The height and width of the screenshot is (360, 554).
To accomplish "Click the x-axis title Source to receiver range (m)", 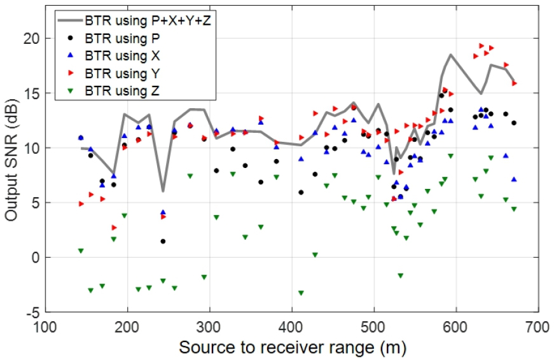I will coord(293,348).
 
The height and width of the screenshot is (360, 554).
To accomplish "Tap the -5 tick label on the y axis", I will coord(32,312).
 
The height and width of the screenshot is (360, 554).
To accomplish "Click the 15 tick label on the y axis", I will coord(32,93).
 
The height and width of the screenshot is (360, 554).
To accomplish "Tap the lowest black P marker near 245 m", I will coord(163,241).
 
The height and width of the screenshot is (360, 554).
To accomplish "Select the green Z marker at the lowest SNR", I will coord(301,293).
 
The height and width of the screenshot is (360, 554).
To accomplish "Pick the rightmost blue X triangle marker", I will coord(514,179).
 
